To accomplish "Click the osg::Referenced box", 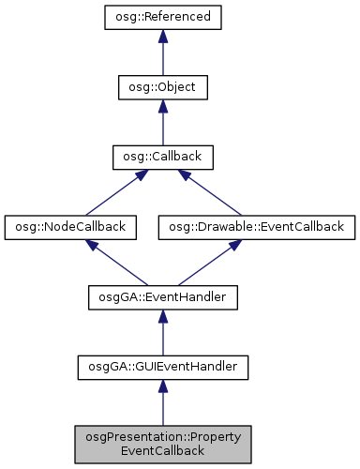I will [162, 17].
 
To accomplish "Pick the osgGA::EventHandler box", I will [162, 297].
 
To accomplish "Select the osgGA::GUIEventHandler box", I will [162, 368].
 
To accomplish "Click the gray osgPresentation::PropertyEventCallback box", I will [162, 444].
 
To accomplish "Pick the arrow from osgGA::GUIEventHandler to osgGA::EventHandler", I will [162, 334].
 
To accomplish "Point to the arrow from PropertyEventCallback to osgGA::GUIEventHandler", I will [162, 404].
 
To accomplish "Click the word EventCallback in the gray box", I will [162, 451].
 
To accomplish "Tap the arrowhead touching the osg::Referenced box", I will [162, 37].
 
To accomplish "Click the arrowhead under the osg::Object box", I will [162, 107].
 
